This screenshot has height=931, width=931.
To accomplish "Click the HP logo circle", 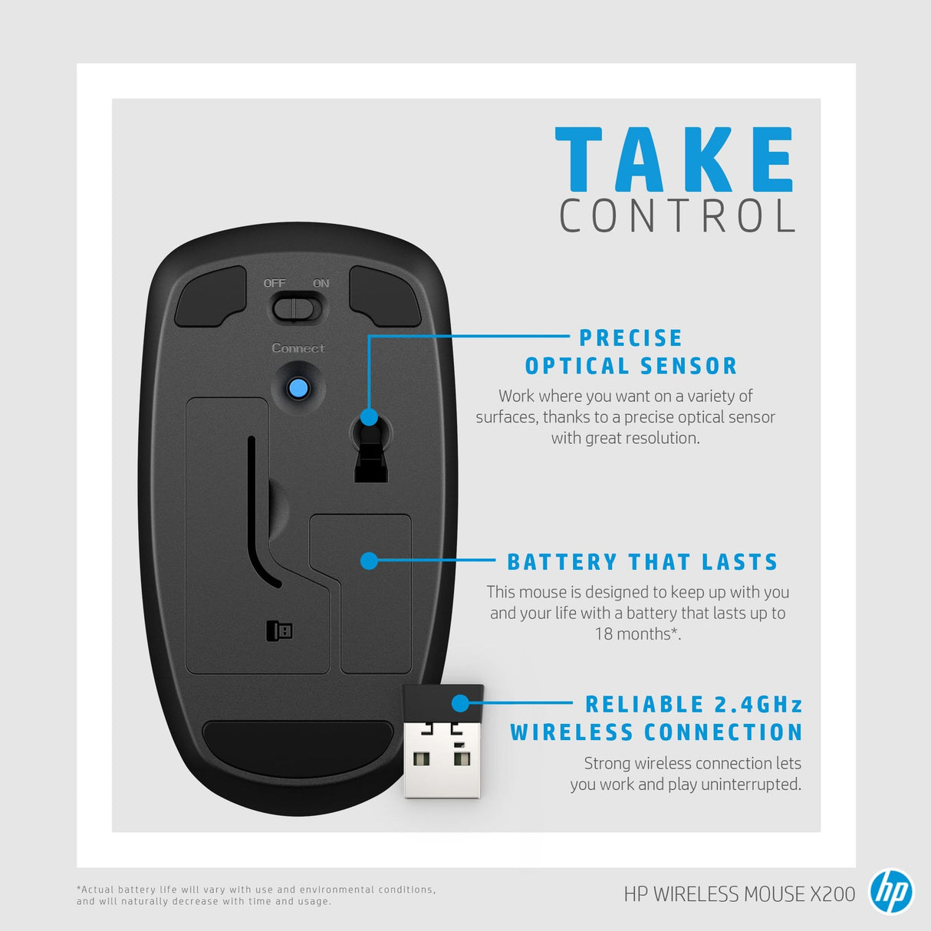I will tap(890, 892).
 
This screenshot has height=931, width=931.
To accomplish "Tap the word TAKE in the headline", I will tap(674, 160).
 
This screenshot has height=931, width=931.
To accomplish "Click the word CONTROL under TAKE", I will tap(678, 216).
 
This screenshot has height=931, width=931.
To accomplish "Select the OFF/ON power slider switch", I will tap(298, 309).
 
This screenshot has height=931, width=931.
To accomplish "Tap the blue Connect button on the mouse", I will tap(298, 388).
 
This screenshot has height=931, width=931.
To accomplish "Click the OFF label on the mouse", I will tap(275, 283).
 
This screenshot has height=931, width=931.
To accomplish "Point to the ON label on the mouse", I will tap(321, 283).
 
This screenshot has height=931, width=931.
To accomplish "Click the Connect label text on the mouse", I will tap(298, 348).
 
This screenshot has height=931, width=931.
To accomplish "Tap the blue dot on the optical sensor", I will tap(369, 417).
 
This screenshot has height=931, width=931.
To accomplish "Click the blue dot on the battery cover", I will tap(369, 561).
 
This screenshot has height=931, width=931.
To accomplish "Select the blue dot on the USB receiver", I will tap(460, 702).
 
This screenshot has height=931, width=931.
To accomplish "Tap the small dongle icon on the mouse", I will tap(279, 631).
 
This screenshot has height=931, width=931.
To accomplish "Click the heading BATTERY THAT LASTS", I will tap(642, 562).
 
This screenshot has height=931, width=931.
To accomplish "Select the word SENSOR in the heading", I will tap(689, 367).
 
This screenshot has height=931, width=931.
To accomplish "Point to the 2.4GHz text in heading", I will tap(758, 704).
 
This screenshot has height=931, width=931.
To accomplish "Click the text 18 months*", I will tap(637, 634).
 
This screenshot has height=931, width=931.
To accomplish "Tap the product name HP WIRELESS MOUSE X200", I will tap(739, 894).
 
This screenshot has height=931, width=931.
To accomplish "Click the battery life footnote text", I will tap(255, 895).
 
